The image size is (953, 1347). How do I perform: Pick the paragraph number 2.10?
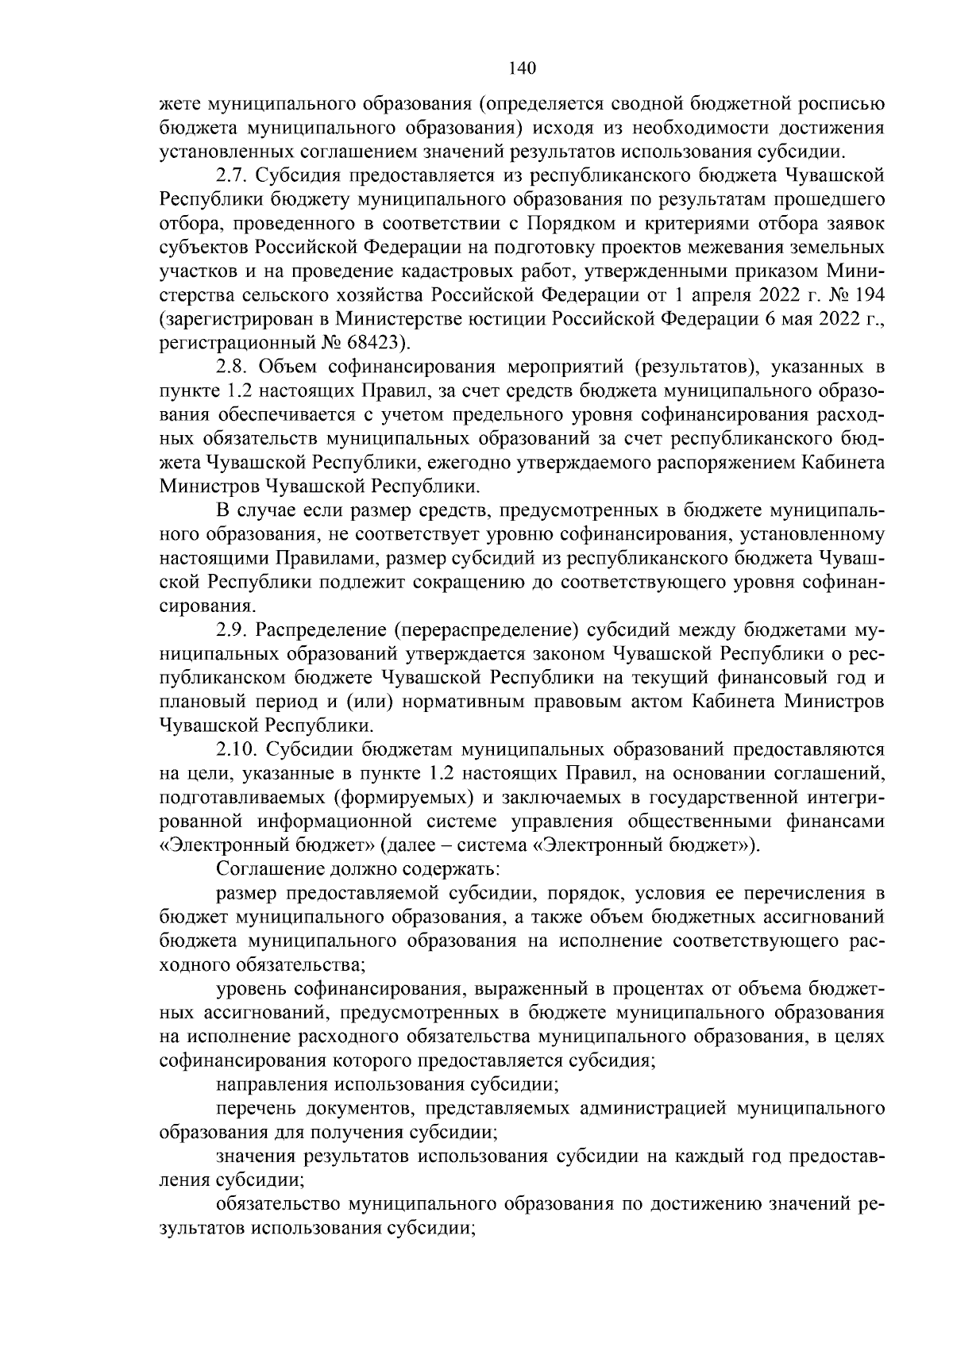tap(237, 749)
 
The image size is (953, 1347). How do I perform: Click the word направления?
tap(272, 1083)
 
